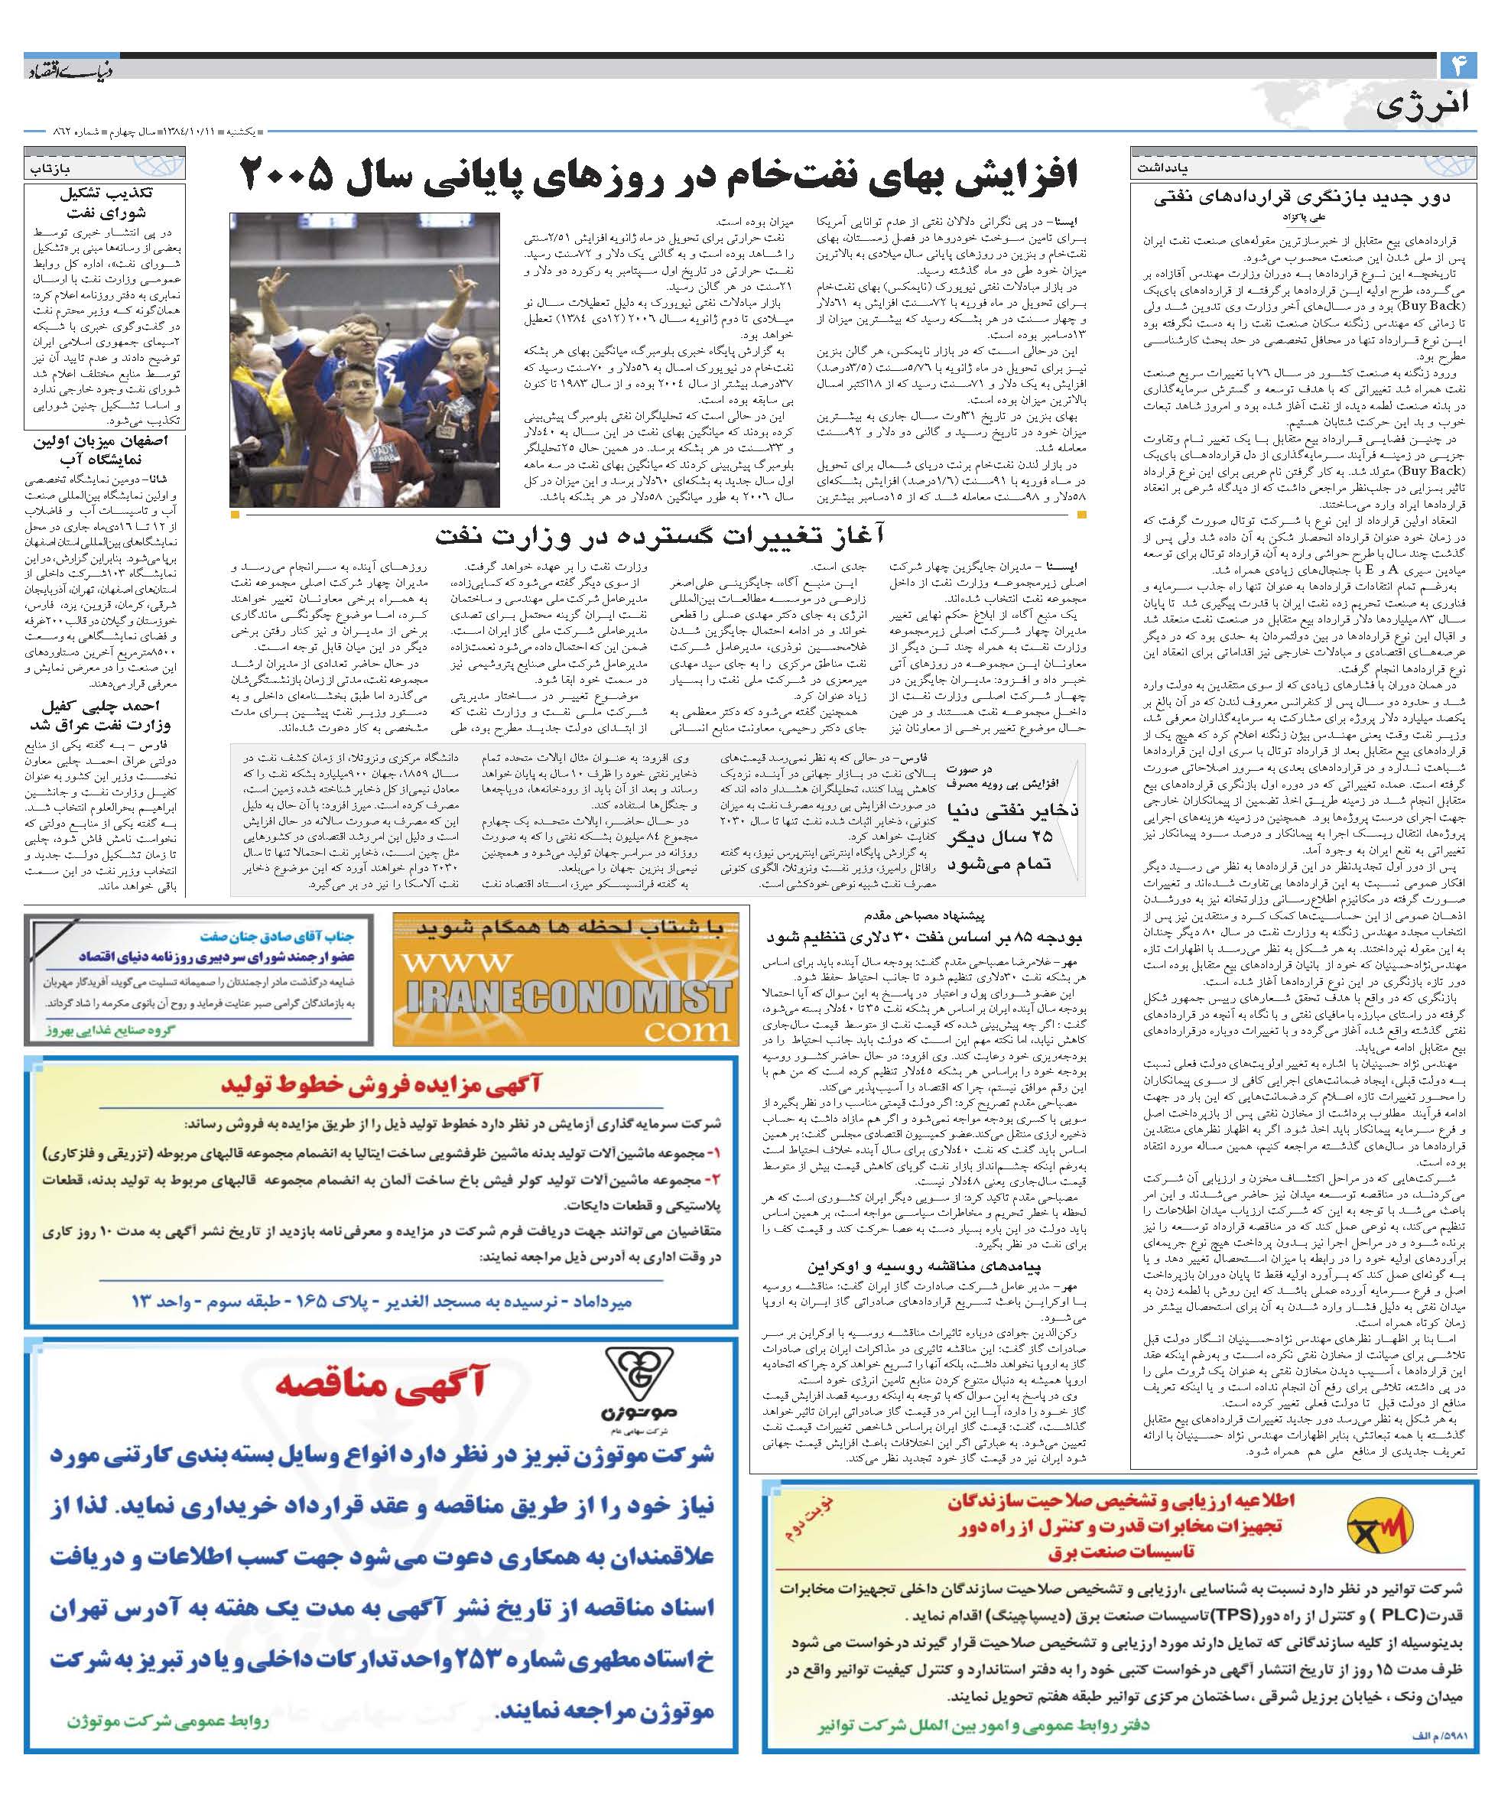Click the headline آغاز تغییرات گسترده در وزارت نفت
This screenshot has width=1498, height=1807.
[660, 537]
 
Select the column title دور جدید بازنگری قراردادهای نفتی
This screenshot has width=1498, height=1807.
[1301, 198]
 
